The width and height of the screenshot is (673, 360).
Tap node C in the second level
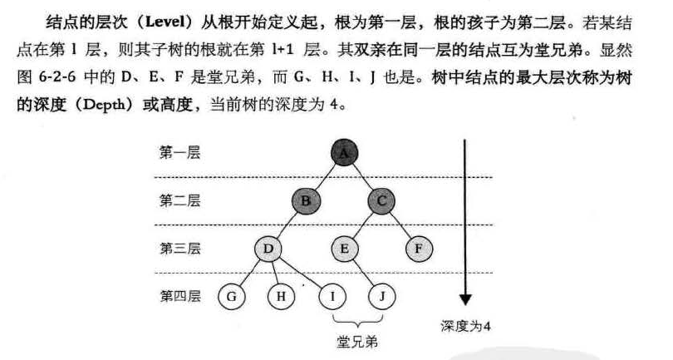(x=381, y=200)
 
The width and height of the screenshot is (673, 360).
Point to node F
(x=420, y=248)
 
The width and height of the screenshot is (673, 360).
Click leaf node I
(x=332, y=295)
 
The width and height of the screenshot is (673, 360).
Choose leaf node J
(x=382, y=295)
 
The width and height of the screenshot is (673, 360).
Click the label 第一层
(x=179, y=153)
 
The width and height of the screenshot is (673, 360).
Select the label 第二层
(x=179, y=200)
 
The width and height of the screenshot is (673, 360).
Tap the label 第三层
(x=179, y=248)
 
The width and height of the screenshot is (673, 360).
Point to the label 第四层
(x=179, y=295)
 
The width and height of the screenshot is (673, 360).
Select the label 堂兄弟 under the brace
(x=356, y=341)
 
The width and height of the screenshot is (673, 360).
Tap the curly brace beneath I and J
(x=356, y=321)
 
